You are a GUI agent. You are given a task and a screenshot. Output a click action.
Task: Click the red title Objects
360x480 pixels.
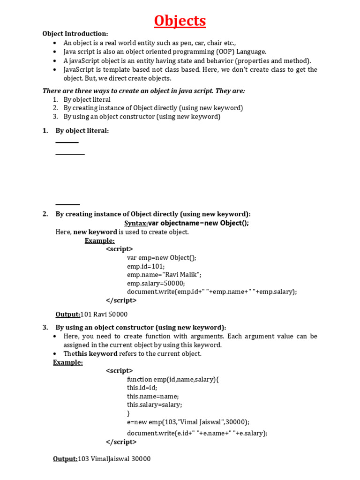180,21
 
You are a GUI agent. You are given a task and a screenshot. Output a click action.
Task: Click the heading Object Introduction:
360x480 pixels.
75,34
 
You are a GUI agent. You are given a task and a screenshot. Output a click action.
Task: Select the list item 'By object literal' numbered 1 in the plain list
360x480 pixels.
87,99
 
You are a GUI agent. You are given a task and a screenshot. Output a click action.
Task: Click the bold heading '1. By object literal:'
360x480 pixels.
82,131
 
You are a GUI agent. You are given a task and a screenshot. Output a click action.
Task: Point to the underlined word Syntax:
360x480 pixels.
136,223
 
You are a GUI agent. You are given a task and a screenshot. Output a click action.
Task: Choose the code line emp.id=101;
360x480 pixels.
146,266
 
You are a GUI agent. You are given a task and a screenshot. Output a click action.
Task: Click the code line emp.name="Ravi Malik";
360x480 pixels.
164,275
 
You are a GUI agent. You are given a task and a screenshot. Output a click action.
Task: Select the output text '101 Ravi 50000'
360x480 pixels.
104,315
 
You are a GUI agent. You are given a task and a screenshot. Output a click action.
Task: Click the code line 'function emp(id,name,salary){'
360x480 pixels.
173,379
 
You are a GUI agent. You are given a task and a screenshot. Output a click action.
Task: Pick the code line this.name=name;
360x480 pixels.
153,396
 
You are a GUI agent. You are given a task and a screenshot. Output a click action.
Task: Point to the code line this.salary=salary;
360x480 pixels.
154,405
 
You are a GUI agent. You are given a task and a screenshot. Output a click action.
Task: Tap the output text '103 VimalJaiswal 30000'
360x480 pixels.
114,459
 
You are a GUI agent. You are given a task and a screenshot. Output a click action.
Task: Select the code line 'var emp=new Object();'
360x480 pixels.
162,258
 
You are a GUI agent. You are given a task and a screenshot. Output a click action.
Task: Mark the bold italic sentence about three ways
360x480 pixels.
143,91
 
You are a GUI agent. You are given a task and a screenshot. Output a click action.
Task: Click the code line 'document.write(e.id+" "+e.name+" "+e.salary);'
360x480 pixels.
197,433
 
